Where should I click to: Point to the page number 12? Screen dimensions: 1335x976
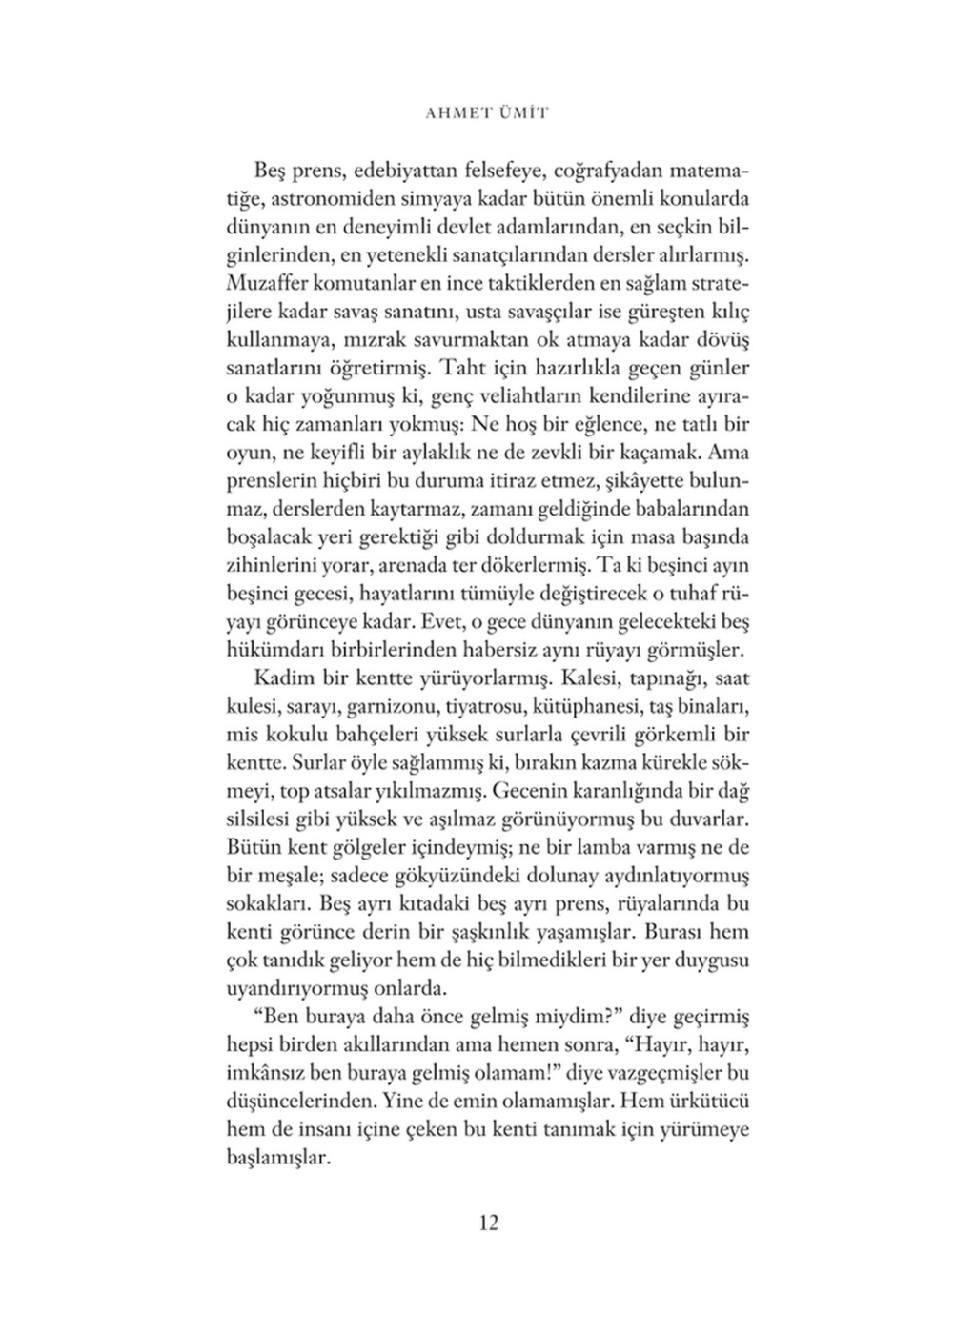488,1223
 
